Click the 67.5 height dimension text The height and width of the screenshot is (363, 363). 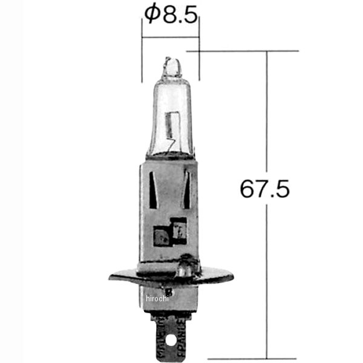(x=264, y=189)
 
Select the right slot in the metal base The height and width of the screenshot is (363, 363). (x=186, y=187)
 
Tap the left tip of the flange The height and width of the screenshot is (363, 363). (x=113, y=278)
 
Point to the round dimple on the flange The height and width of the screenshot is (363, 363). (x=187, y=264)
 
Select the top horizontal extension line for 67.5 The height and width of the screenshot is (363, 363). (x=242, y=51)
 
